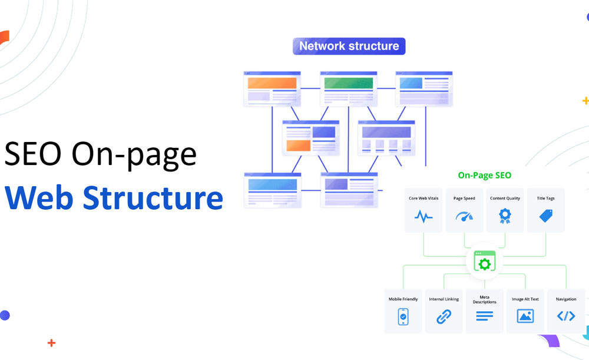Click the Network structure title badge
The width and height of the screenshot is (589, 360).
pyautogui.click(x=349, y=46)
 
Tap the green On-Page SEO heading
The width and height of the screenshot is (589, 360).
pyautogui.click(x=485, y=175)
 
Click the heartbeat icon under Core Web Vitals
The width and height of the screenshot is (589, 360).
pyautogui.click(x=423, y=216)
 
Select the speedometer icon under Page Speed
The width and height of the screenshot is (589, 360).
pyautogui.click(x=464, y=216)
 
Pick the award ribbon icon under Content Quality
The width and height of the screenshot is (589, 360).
pyautogui.click(x=505, y=216)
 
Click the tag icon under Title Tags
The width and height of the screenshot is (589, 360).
pyautogui.click(x=546, y=216)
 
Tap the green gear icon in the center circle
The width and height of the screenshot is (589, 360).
pyautogui.click(x=485, y=263)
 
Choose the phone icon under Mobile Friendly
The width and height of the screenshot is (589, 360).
pyautogui.click(x=403, y=316)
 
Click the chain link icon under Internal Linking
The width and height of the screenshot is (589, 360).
pyautogui.click(x=444, y=316)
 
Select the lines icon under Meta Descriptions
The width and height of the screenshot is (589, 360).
pyautogui.click(x=484, y=316)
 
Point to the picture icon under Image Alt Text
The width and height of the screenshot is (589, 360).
pyautogui.click(x=525, y=316)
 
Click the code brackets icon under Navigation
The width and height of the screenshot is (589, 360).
pyautogui.click(x=566, y=316)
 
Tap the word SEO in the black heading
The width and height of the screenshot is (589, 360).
pyautogui.click(x=32, y=154)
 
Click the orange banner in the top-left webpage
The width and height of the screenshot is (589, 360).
pyautogui.click(x=272, y=83)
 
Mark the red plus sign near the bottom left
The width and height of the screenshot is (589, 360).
pyautogui.click(x=52, y=343)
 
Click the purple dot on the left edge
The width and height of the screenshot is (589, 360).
pyautogui.click(x=4, y=315)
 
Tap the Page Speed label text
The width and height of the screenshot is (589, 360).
pyautogui.click(x=464, y=199)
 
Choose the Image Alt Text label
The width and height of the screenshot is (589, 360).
pyautogui.click(x=525, y=299)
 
